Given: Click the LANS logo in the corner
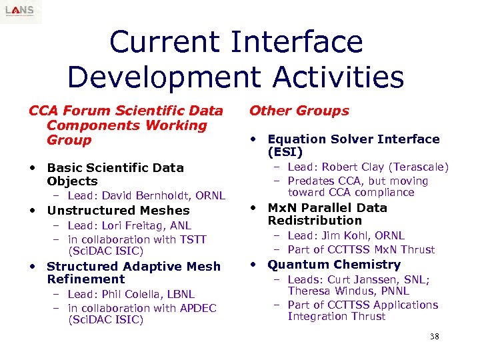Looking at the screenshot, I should (21, 11).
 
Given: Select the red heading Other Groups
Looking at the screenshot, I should (299, 111).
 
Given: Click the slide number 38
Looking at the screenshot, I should (435, 337).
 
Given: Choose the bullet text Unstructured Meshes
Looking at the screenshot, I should (118, 211).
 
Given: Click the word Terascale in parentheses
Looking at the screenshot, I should (419, 167).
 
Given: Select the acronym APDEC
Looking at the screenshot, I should (193, 308).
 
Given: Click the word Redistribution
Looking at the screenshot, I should (315, 221).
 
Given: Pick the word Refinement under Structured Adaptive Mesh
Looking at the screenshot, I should (86, 279).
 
